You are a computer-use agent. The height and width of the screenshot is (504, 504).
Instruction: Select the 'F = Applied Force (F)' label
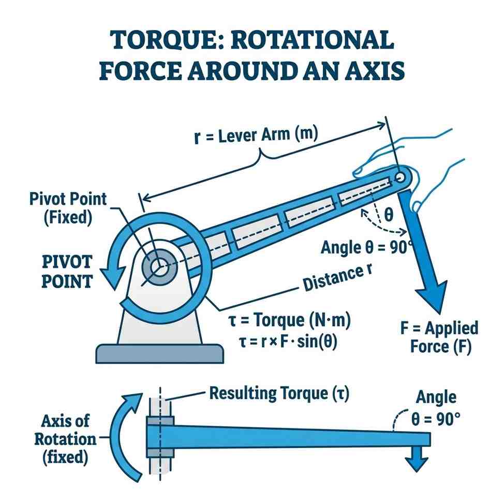439,337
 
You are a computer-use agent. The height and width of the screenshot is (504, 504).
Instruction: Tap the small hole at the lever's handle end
400,177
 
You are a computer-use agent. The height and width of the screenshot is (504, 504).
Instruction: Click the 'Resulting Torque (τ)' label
279,394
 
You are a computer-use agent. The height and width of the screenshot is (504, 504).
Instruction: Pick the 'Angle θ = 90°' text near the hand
365,247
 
